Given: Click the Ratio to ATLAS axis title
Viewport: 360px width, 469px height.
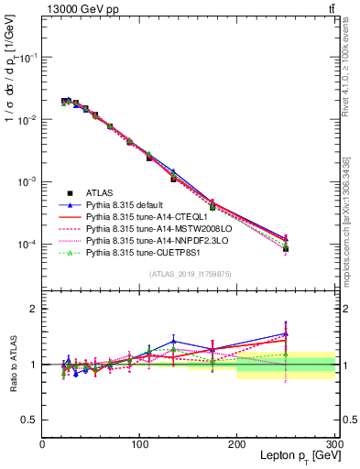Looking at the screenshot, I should click(16, 365).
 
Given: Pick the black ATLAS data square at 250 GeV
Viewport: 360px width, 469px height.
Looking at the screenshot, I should click(286, 248).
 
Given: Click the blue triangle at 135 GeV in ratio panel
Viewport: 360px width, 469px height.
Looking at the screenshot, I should click(173, 342).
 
